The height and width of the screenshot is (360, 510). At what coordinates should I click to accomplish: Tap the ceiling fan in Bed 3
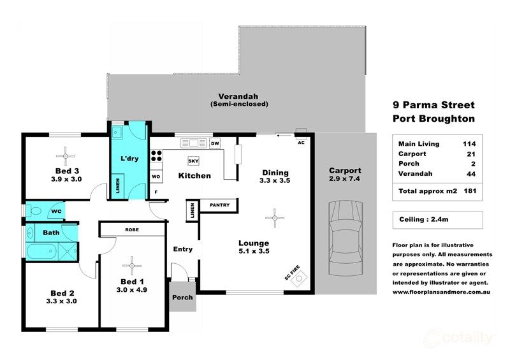tap(66, 155)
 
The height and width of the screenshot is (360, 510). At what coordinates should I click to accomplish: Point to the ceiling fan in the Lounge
tap(275, 218)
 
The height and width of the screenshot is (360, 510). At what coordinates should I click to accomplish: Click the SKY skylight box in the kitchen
tap(193, 161)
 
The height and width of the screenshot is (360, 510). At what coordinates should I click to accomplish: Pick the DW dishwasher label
tap(215, 143)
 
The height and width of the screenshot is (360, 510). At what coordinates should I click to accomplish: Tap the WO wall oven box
tap(156, 176)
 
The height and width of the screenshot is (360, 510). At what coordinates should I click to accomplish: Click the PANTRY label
tap(219, 205)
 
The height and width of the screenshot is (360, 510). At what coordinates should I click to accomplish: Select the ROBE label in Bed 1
tap(132, 229)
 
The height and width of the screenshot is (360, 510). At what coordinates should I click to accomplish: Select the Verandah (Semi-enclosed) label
tap(239, 99)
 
